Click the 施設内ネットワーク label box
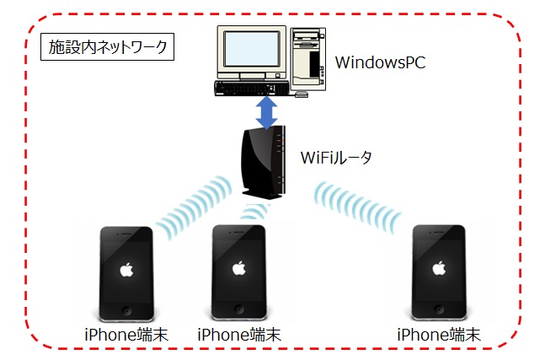click(x=106, y=47)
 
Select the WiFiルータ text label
click(x=337, y=157)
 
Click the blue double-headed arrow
click(x=268, y=113)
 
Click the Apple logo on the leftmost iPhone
click(x=127, y=270)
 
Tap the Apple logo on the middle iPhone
click(x=239, y=270)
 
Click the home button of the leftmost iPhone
click(x=127, y=308)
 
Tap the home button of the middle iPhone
click(x=239, y=308)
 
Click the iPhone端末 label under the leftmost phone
click(x=126, y=335)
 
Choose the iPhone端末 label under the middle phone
click(x=239, y=335)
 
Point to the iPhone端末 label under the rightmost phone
click(x=438, y=335)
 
